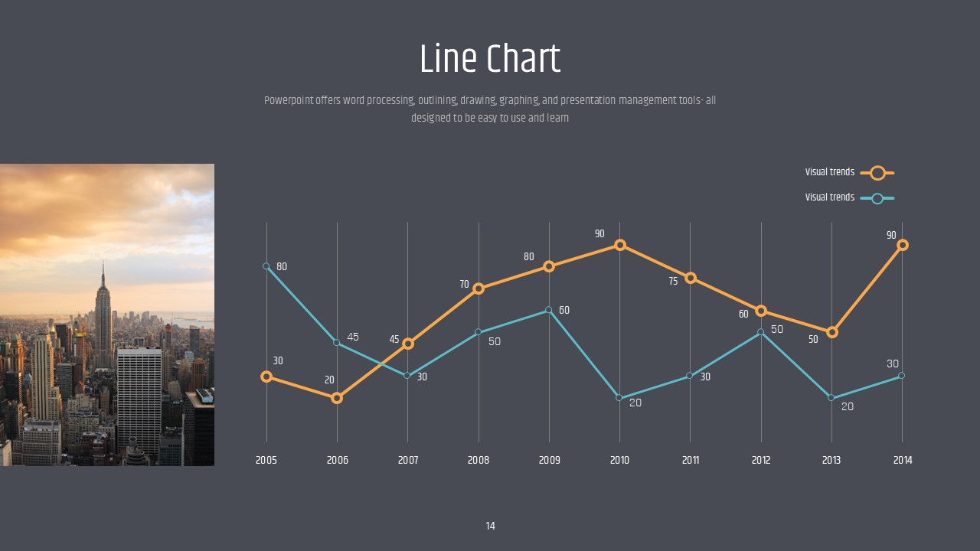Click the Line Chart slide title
tap(490, 59)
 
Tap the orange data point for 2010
tap(620, 245)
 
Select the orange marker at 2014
tap(903, 245)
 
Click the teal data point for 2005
tap(266, 266)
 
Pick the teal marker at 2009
tap(549, 310)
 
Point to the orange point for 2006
tap(337, 398)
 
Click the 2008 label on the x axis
tap(479, 460)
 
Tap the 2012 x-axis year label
tap(761, 460)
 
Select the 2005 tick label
tap(266, 460)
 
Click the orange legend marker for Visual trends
tap(877, 173)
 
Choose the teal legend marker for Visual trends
tap(877, 198)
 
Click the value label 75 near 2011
tap(673, 282)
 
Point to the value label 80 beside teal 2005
tap(282, 267)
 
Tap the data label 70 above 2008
tap(464, 285)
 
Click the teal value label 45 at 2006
tap(353, 337)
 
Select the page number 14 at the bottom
tap(490, 526)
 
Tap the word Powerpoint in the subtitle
tap(289, 100)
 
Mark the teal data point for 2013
tap(831, 398)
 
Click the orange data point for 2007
tap(408, 344)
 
